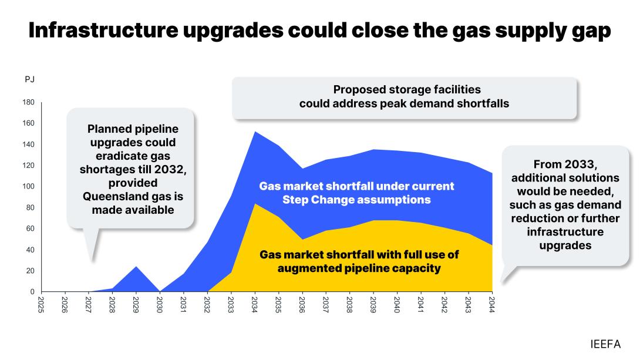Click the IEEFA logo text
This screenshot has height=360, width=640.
point(605,344)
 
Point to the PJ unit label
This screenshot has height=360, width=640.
point(29,80)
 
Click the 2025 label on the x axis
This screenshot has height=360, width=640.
point(41,304)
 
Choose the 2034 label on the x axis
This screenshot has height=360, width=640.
point(254,304)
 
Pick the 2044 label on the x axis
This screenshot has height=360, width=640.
point(491,304)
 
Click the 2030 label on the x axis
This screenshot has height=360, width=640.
point(160,304)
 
